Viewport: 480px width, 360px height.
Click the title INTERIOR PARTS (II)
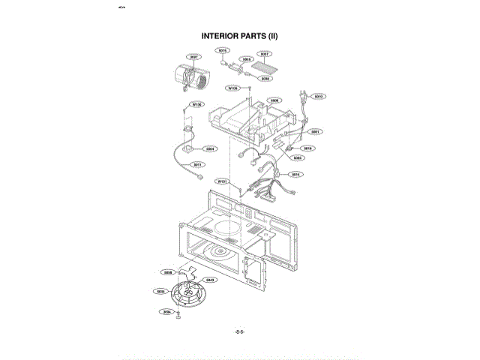tap(240, 35)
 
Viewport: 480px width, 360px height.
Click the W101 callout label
tap(222, 181)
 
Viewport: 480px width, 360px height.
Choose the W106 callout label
tap(233, 88)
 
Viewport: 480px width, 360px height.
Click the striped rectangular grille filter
tap(266, 66)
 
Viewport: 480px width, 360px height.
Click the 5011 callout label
tap(198, 164)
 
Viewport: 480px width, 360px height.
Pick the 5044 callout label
tap(160, 290)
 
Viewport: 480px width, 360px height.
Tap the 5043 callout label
tap(211, 280)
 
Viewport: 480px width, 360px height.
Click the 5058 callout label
tap(168, 272)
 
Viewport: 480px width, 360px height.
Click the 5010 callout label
tap(318, 97)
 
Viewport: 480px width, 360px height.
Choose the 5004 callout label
tap(211, 148)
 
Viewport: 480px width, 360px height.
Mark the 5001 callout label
tap(316, 131)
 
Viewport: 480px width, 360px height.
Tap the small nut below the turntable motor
tap(178, 317)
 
